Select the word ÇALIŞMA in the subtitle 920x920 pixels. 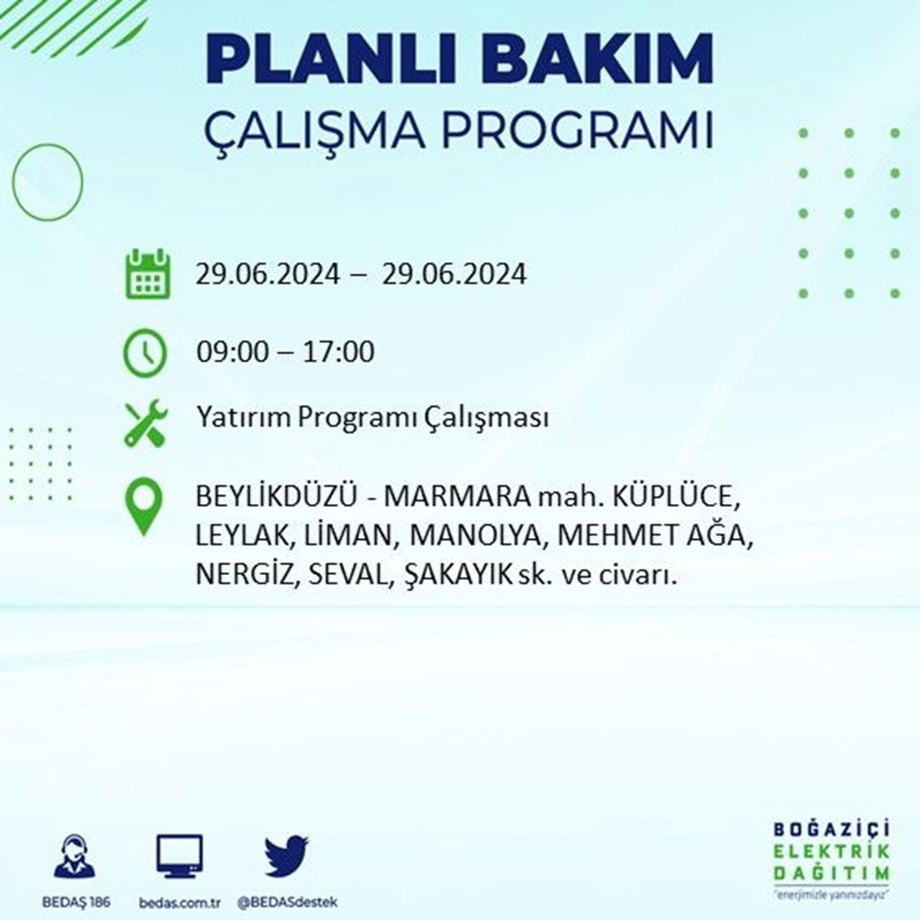(314, 131)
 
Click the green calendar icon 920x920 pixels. (148, 274)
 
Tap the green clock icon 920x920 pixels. (145, 352)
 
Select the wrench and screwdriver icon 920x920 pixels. (146, 423)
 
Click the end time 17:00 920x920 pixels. (338, 352)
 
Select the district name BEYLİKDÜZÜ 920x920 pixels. (276, 497)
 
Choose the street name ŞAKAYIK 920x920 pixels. (458, 576)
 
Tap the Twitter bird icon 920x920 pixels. (286, 856)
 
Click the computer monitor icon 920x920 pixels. (179, 856)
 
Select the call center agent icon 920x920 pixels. (75, 857)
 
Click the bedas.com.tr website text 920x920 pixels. (179, 903)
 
